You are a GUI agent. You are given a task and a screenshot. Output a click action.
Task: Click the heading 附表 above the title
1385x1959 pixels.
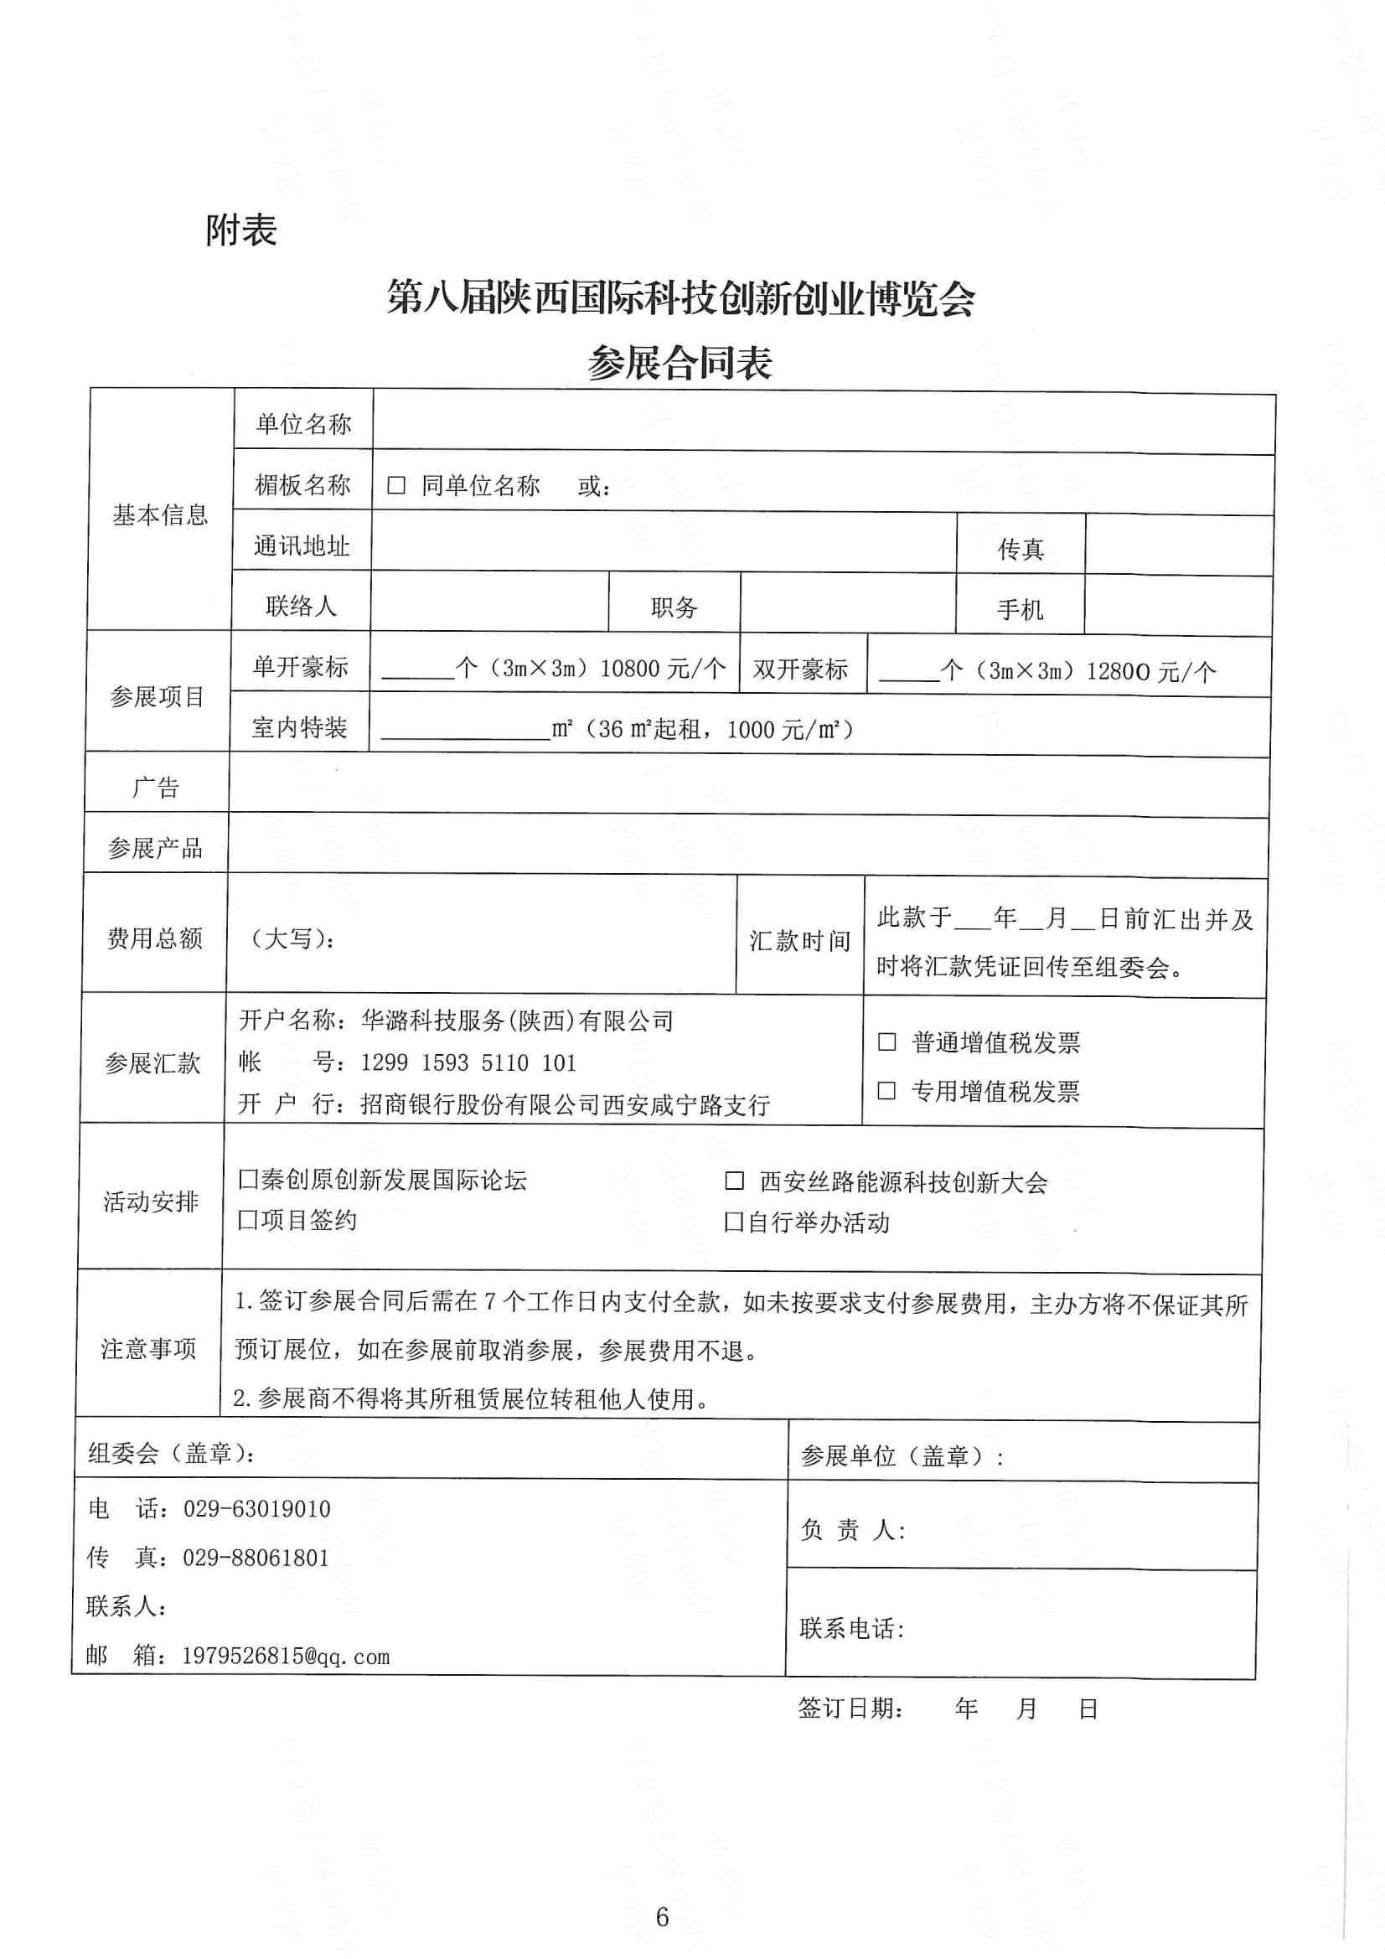point(240,230)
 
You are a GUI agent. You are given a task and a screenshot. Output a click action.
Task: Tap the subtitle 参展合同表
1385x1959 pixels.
point(680,364)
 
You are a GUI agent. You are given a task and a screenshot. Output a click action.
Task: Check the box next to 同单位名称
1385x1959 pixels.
point(396,485)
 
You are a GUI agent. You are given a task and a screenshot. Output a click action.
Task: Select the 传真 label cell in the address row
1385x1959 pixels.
point(1021,549)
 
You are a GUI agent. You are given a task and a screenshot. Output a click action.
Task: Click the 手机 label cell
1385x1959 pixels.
point(1020,609)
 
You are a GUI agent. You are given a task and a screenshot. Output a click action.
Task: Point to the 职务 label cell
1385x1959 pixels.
point(674,607)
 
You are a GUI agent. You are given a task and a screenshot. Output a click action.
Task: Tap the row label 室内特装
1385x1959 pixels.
point(299,727)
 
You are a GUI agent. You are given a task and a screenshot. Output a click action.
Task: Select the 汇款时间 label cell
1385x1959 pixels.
point(799,940)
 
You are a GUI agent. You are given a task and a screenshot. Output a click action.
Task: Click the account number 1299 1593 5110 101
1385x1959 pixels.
point(468,1062)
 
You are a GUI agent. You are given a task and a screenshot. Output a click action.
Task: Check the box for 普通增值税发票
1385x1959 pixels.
point(887,1042)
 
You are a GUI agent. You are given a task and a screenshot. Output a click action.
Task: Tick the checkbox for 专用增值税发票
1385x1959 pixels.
point(887,1090)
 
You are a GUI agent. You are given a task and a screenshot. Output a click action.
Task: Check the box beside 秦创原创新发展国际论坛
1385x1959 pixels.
point(247,1180)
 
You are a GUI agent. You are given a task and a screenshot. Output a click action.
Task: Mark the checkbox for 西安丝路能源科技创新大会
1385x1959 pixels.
point(734,1181)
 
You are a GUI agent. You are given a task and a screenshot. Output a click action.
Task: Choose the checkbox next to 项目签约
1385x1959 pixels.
point(247,1220)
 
